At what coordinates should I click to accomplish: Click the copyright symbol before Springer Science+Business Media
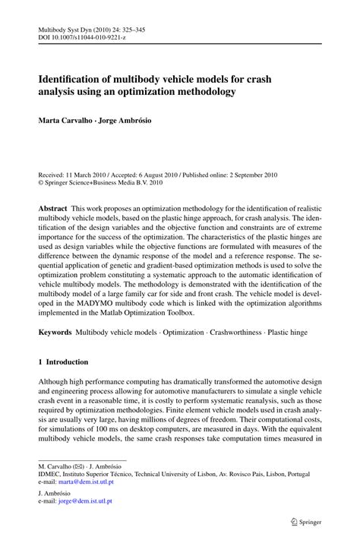click(x=41, y=182)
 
